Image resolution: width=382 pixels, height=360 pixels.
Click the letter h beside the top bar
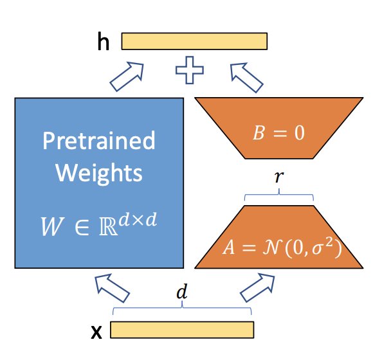pos(104,41)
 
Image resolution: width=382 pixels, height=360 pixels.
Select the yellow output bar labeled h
pos(194,41)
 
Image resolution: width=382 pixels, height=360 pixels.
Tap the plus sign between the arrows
pos(190,70)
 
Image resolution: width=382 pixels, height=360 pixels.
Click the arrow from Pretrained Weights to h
pos(127,76)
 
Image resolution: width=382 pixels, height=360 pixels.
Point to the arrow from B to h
pos(246,77)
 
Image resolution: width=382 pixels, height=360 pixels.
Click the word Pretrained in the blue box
pos(99,141)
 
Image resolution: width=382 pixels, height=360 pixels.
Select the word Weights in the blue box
pos(99,173)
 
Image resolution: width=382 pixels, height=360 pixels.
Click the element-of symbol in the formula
pos(82,227)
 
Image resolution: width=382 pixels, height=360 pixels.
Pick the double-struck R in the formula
pos(109,226)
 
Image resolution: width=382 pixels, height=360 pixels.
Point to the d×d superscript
pos(138,220)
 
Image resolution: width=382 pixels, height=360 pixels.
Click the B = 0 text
pos(278,133)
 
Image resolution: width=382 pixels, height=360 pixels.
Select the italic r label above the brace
pos(279,177)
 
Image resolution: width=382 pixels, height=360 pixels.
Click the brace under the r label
pos(279,195)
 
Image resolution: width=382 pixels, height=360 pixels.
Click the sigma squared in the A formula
pos(322,246)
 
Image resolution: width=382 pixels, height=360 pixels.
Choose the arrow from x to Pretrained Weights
pos(112,288)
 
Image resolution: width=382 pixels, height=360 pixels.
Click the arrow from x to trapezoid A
pos(257,288)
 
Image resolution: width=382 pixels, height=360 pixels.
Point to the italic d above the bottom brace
pos(182,292)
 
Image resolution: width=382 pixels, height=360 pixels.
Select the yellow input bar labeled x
pos(182,330)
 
